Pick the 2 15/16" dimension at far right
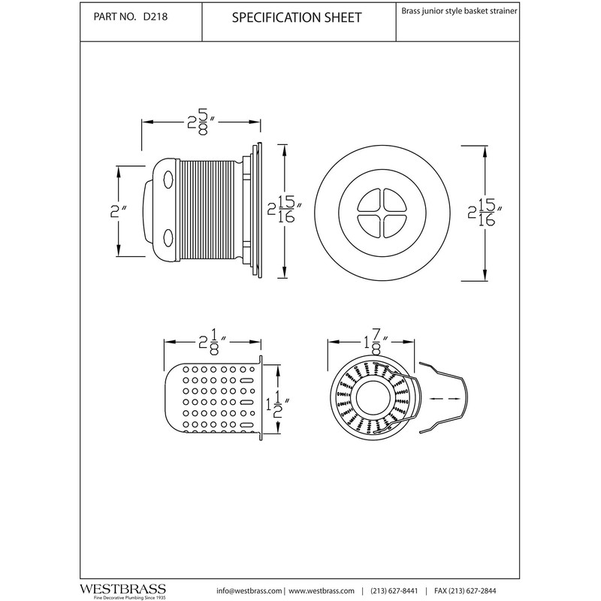point(485,213)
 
